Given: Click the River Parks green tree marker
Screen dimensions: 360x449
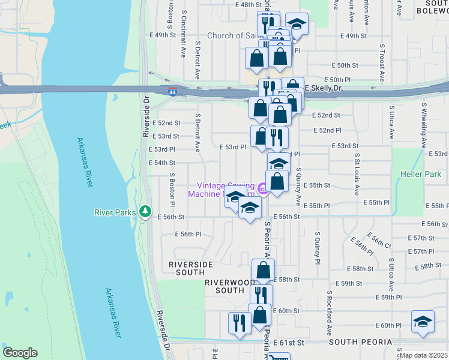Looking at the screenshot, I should click(145, 211).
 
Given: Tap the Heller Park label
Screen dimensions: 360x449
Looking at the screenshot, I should click(420, 174).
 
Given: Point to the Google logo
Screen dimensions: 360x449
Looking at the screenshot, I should click(20, 353).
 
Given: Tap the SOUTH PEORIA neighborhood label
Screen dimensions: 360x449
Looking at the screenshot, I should click(360, 342).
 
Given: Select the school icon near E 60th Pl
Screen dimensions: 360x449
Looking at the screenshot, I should click(423, 322).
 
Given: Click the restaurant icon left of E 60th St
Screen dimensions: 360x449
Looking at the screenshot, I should click(240, 323).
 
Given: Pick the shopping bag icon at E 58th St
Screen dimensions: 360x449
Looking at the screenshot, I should click(263, 270).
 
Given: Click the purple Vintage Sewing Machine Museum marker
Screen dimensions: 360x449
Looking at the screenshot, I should click(262, 190).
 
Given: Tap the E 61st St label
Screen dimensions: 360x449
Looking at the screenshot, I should click(290, 342).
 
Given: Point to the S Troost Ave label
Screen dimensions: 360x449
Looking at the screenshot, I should click(381, 62).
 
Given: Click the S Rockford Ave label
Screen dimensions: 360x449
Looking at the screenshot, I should click(330, 313).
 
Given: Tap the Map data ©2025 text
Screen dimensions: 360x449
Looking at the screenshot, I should click(424, 355).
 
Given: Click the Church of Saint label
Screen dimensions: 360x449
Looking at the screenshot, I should click(234, 36).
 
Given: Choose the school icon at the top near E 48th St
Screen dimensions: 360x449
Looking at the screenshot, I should click(296, 24).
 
